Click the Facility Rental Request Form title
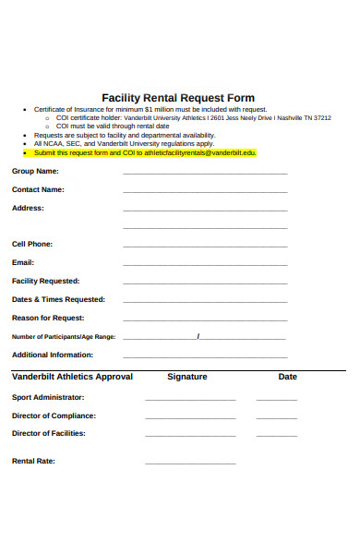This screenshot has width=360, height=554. pyautogui.click(x=177, y=98)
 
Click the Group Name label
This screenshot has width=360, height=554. pyautogui.click(x=35, y=171)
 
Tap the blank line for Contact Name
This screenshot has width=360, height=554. pyautogui.click(x=205, y=191)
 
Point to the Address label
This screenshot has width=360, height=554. pyautogui.click(x=28, y=208)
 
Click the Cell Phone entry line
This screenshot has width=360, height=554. pyautogui.click(x=205, y=247)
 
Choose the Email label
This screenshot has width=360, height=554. pyautogui.click(x=23, y=262)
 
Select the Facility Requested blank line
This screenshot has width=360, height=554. pyautogui.click(x=205, y=283)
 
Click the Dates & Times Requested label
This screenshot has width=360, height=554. pyautogui.click(x=58, y=299)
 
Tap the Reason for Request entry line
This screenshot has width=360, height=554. pyautogui.click(x=205, y=319)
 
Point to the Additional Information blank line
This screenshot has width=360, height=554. pyautogui.click(x=205, y=356)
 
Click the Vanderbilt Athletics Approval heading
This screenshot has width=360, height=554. pyautogui.click(x=72, y=377)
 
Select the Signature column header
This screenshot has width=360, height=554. pyautogui.click(x=186, y=377)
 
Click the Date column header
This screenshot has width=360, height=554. pyautogui.click(x=288, y=377)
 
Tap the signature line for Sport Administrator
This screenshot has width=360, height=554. pyautogui.click(x=190, y=399)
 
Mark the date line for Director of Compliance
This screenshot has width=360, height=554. pyautogui.click(x=277, y=417)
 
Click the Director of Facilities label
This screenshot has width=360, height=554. pyautogui.click(x=48, y=433)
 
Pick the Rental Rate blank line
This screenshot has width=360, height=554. pyautogui.click(x=190, y=462)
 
